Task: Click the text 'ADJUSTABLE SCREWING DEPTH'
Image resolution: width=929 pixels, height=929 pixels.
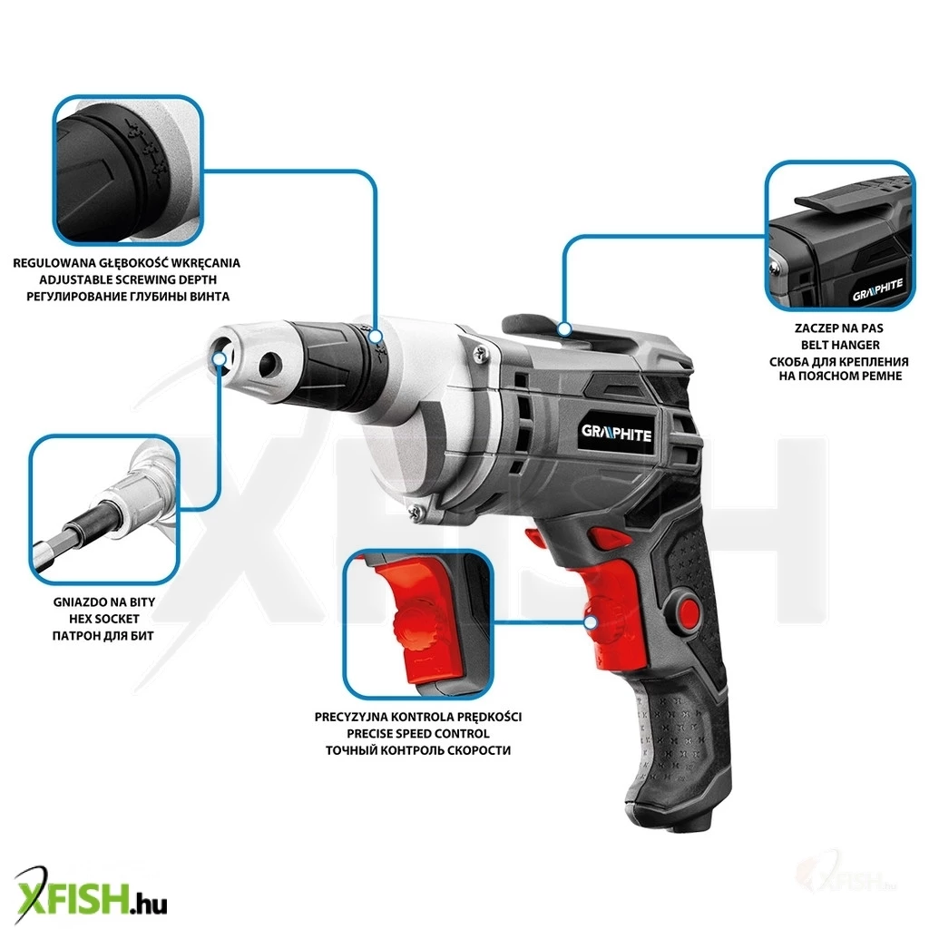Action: click(127, 279)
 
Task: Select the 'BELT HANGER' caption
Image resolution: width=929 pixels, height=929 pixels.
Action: click(840, 345)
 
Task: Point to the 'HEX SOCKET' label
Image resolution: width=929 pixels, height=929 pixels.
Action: click(104, 619)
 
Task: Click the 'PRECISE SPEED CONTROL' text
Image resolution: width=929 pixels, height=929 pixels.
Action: click(417, 733)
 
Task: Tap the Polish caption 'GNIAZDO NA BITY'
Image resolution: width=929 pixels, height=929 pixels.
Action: click(104, 602)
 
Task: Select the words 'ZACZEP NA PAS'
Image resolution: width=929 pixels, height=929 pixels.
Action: click(839, 328)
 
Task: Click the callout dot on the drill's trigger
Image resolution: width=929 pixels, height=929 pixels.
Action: click(590, 622)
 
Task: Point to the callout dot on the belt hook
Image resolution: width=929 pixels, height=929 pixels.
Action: click(564, 328)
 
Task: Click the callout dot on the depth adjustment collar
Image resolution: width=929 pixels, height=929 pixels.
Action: click(375, 337)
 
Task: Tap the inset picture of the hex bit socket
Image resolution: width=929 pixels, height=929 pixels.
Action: click(104, 508)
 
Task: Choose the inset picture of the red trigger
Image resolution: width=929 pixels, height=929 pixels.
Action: click(418, 624)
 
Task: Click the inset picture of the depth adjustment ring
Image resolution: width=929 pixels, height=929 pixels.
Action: click(128, 170)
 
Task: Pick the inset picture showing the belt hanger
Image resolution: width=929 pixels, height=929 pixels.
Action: click(839, 235)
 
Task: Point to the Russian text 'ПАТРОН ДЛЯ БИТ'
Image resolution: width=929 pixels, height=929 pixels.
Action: click(103, 636)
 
